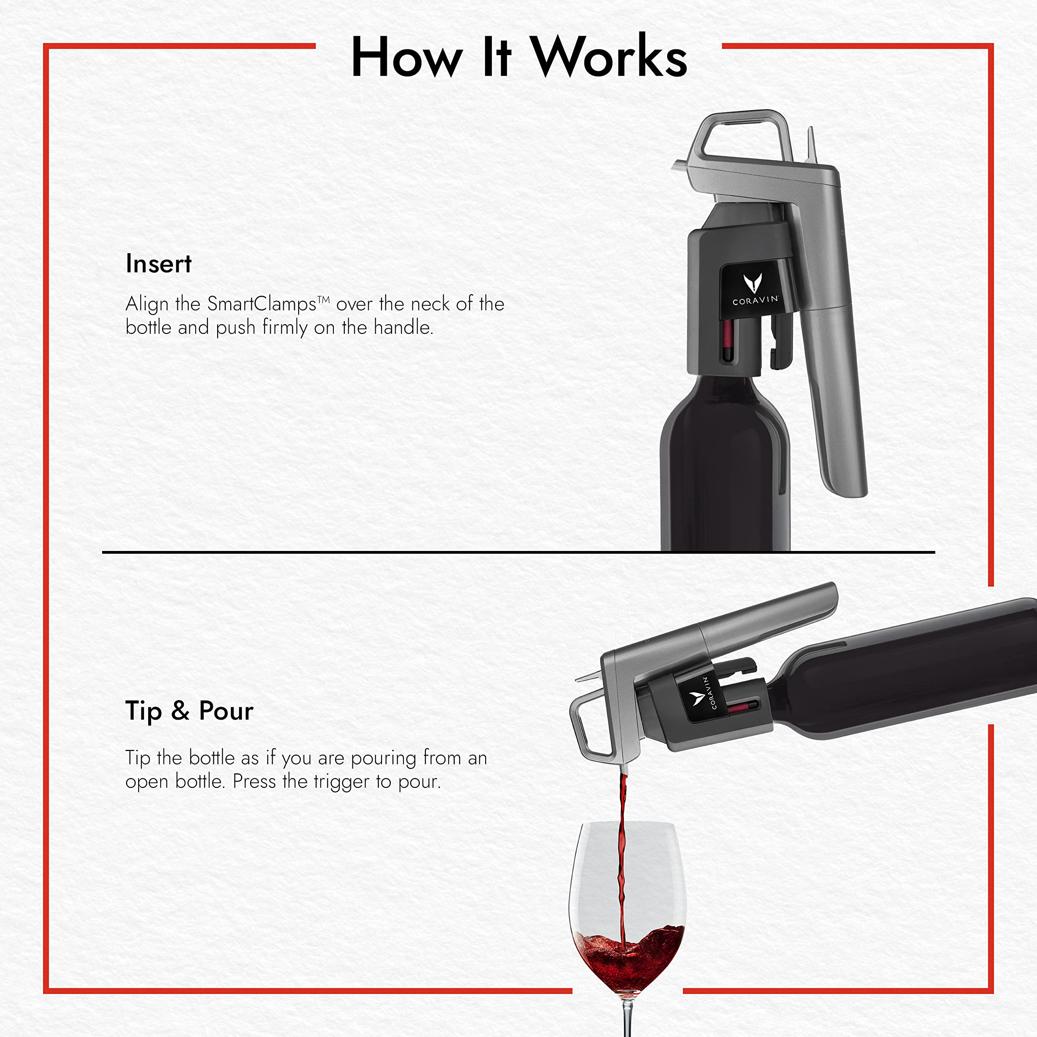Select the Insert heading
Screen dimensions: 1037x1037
(158, 264)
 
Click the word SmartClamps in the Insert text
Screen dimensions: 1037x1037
(262, 304)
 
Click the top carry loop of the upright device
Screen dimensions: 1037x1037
(741, 129)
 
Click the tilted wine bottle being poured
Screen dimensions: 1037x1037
(902, 671)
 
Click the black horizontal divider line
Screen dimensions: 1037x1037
(376, 552)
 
